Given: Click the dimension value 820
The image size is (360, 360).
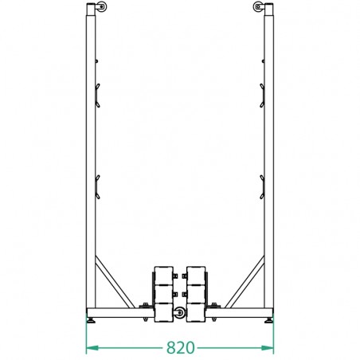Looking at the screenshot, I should (x=180, y=348).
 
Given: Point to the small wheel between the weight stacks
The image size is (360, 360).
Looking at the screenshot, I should (x=179, y=313).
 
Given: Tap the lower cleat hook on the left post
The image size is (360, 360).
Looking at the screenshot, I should (x=96, y=185).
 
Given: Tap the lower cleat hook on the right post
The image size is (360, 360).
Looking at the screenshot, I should (x=264, y=185).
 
